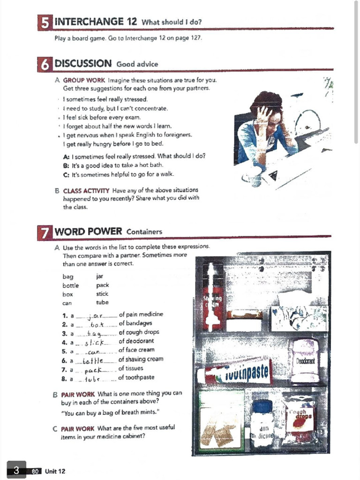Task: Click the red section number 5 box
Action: pos(45,22)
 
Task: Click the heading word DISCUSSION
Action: pos(83,64)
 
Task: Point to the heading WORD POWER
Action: pos(89,231)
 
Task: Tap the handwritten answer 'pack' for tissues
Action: pos(94,369)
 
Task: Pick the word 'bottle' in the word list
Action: pos(70,285)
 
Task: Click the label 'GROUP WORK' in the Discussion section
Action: pos(84,80)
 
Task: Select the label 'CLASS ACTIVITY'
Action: pos(86,190)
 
